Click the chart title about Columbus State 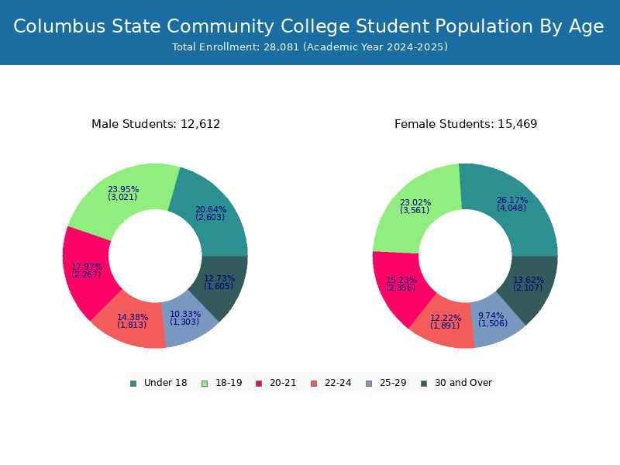[308, 26]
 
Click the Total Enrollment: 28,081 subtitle [310, 47]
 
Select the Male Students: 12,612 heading [156, 124]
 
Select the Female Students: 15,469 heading [466, 124]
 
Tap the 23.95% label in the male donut [123, 190]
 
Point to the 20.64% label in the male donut [211, 210]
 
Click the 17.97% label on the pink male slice [87, 267]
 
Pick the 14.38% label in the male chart [133, 318]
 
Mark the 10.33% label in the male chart [185, 315]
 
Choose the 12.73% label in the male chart [219, 279]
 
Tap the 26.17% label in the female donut [512, 200]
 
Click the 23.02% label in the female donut [415, 203]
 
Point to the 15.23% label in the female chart [401, 281]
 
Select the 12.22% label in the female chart [446, 319]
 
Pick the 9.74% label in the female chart [491, 316]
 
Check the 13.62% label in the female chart [529, 281]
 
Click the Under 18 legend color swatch [133, 383]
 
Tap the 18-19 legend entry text [229, 383]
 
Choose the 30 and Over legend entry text [463, 383]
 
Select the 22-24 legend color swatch [314, 383]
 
